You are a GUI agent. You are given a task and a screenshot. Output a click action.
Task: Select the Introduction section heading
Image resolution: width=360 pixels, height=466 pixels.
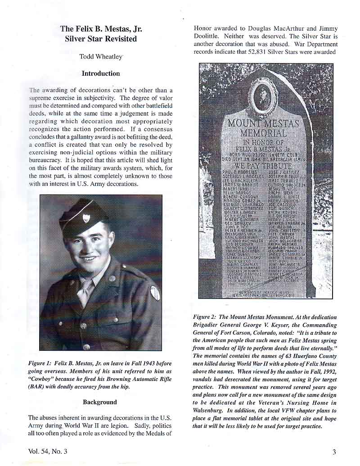click(x=101, y=73)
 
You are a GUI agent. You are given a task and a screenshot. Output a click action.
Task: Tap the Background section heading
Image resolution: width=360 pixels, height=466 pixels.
click(x=100, y=402)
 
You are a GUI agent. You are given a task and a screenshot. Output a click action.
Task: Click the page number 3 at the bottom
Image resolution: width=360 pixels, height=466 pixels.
click(x=334, y=452)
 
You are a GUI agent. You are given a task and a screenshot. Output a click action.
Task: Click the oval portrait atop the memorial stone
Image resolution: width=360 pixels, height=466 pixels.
click(x=261, y=95)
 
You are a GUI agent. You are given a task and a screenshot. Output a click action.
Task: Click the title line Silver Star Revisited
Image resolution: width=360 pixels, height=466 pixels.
click(x=101, y=39)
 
